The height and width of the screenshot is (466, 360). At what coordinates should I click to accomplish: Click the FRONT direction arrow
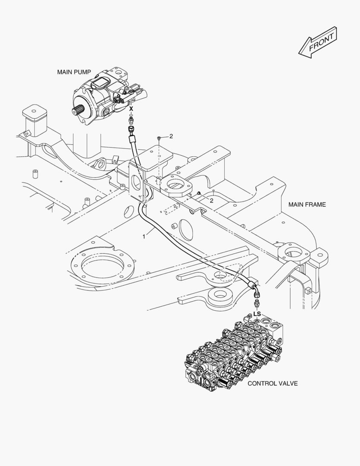pos(317,42)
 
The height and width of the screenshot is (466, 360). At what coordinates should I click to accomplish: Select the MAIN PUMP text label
pos(74,72)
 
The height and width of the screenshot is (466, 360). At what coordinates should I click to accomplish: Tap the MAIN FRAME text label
pos(307,205)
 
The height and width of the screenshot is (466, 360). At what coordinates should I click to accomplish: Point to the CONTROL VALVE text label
pos(272,383)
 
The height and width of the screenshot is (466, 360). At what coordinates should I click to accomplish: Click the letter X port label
pos(131,109)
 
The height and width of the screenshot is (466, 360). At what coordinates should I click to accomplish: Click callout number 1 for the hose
pos(144,236)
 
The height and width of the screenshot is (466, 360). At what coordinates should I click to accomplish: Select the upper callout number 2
pos(171,136)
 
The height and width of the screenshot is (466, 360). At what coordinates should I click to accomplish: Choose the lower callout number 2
pos(211,201)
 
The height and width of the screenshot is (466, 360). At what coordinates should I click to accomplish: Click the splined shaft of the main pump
pos(78,111)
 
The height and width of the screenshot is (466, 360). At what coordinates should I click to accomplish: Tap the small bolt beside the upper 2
pos(159,137)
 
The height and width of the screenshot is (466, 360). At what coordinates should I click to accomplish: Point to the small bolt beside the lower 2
pos(199,194)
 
